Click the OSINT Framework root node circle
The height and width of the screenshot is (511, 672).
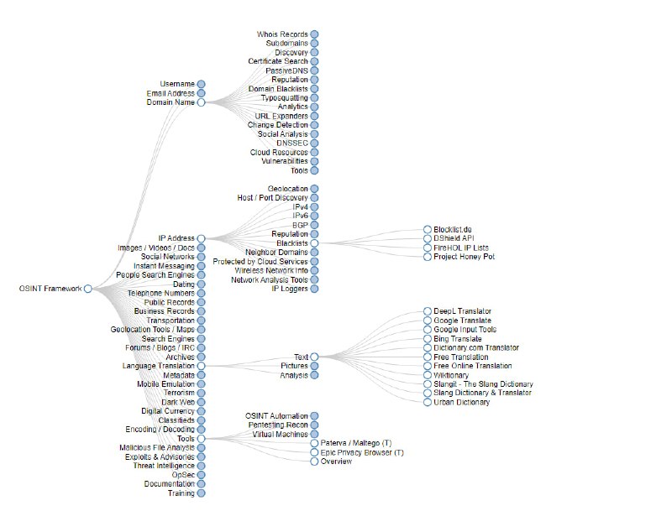click(x=87, y=289)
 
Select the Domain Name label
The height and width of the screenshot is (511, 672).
click(x=171, y=102)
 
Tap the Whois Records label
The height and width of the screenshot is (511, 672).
click(x=282, y=34)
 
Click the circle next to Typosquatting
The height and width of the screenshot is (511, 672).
click(x=314, y=98)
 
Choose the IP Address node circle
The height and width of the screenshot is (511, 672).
click(x=202, y=239)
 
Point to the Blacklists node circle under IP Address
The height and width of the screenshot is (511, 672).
click(x=314, y=243)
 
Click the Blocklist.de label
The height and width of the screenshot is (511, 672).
click(x=454, y=229)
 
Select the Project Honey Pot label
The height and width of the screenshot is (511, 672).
click(x=465, y=257)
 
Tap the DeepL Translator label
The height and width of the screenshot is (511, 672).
click(x=463, y=311)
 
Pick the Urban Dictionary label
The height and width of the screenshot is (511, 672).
click(x=462, y=402)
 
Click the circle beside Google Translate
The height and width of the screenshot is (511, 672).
click(x=428, y=321)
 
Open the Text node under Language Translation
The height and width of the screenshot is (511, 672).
click(x=314, y=357)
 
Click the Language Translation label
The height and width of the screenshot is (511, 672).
click(x=159, y=366)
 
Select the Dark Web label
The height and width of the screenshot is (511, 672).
click(x=178, y=402)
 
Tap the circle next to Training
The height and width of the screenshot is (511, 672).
click(x=202, y=493)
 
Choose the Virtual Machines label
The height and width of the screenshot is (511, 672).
click(x=281, y=434)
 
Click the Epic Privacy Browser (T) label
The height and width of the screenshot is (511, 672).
click(x=362, y=452)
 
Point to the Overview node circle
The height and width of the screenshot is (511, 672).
click(x=314, y=461)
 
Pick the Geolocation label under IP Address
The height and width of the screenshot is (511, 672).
click(x=287, y=189)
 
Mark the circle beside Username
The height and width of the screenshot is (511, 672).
click(x=202, y=84)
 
